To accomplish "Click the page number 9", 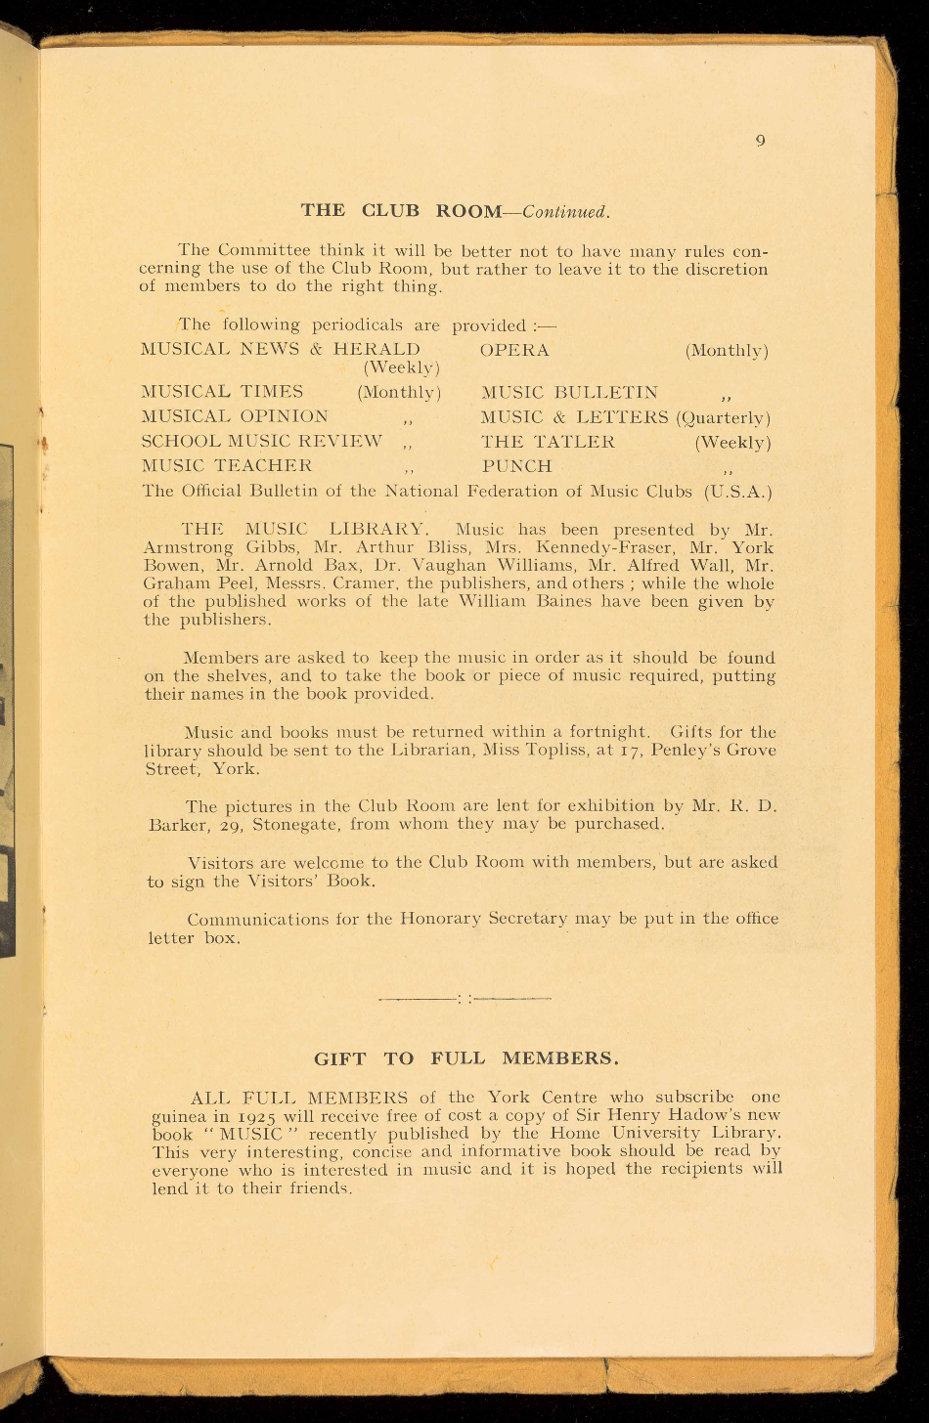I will click(x=760, y=141).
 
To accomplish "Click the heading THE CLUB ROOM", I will click(x=401, y=211).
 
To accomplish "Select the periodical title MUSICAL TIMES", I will click(x=223, y=392).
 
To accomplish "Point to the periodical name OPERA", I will click(x=515, y=350).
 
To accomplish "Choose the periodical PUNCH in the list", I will click(x=517, y=466).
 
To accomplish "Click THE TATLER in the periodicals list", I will click(x=549, y=442).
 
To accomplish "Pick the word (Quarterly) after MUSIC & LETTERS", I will click(x=724, y=417).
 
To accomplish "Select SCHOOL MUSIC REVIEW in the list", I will click(x=262, y=442).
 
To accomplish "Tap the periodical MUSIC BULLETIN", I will click(x=570, y=392).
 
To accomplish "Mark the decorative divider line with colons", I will click(x=465, y=999).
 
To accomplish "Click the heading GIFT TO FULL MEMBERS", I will click(x=466, y=1059).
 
